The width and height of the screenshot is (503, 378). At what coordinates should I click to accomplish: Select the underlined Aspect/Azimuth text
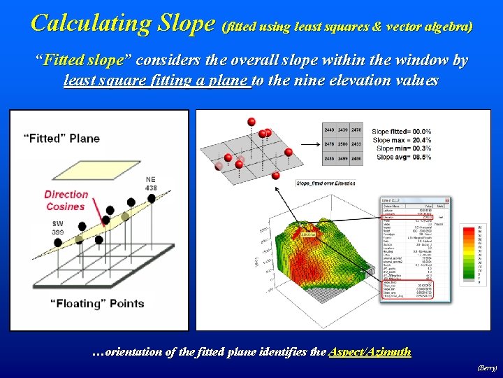pos(370,352)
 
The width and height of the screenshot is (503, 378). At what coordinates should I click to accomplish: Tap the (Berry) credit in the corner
pos(486,367)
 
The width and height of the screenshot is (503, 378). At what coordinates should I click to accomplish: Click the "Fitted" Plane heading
pos(61,138)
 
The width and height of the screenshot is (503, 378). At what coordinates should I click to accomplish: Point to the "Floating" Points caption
pos(97,304)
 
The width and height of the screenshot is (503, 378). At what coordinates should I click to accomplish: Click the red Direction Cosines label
pos(66,200)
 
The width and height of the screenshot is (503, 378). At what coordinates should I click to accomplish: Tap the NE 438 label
pos(151,183)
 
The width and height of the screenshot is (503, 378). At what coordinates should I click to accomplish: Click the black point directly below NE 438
pos(152,199)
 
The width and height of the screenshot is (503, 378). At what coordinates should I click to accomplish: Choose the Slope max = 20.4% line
pos(401,140)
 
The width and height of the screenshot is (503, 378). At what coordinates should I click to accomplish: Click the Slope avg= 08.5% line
pos(401,157)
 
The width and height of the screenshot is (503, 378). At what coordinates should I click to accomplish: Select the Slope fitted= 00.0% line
pos(401,132)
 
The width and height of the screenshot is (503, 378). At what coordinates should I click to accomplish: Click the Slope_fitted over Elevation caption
pos(326,183)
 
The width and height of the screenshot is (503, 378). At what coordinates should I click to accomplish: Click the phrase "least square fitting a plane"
pos(156,81)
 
